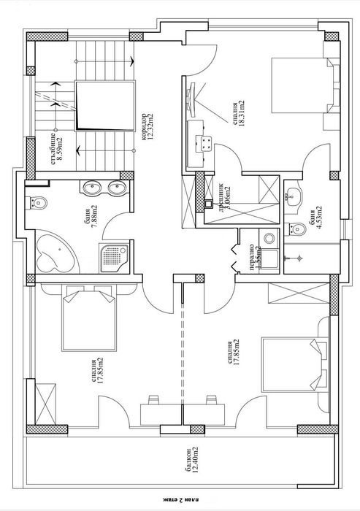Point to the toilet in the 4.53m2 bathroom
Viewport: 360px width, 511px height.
[x=296, y=231]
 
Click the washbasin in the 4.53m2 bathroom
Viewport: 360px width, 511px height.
[x=295, y=195]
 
